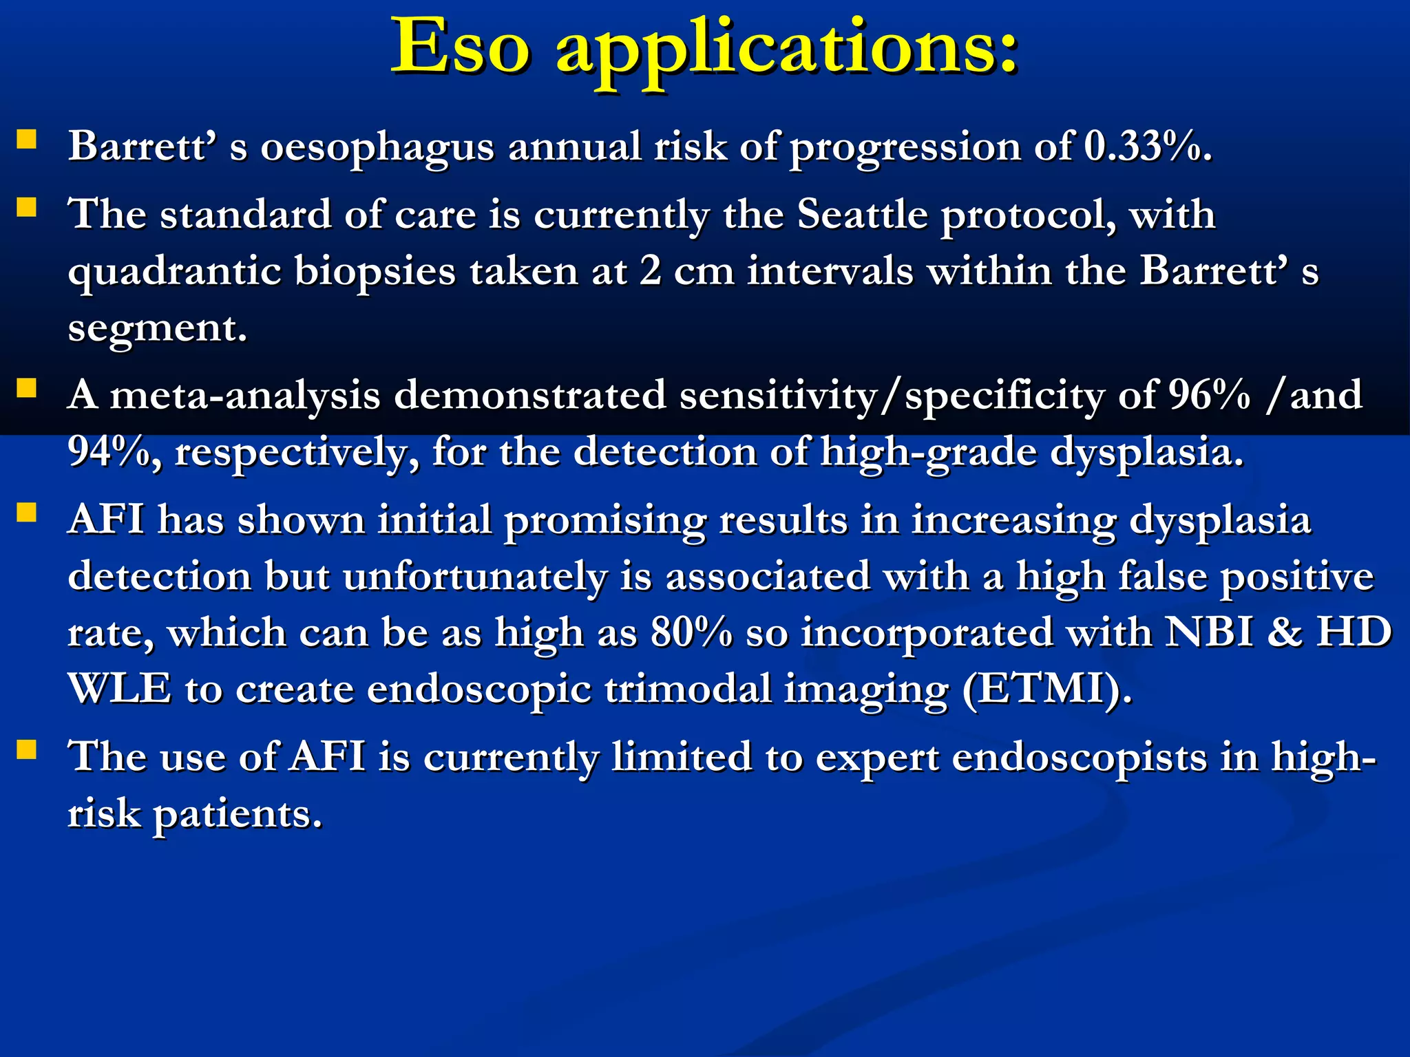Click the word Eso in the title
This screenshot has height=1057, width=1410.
click(461, 47)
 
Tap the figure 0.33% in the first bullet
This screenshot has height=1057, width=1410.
click(1147, 147)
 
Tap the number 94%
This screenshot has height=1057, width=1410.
click(114, 452)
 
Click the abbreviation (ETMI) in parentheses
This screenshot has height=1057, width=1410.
click(1046, 688)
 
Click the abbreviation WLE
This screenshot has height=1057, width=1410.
click(119, 688)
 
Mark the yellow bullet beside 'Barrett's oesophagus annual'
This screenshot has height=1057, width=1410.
click(27, 140)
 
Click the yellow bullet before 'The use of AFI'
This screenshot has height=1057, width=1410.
click(27, 749)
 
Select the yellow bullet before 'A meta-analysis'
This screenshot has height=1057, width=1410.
click(27, 389)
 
